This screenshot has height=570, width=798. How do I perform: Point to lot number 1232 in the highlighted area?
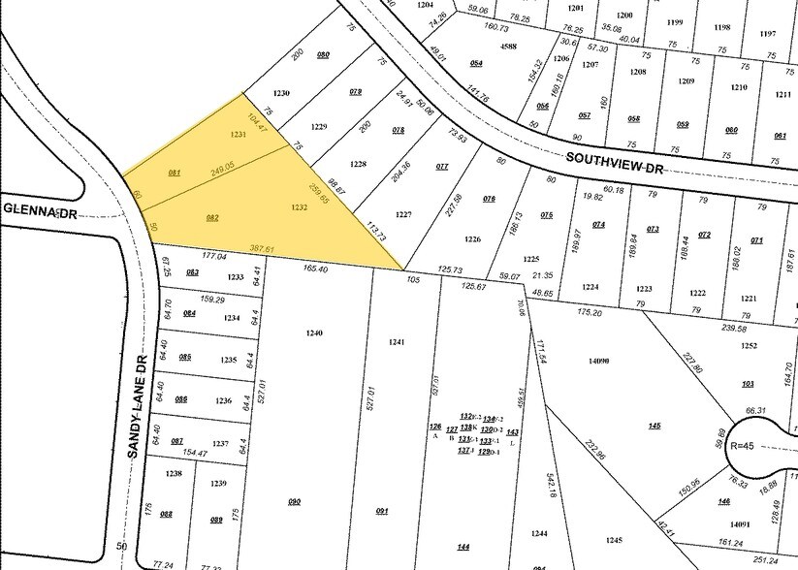[299, 207]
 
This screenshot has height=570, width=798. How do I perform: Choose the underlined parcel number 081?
[175, 173]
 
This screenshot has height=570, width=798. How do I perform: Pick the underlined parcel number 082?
[211, 218]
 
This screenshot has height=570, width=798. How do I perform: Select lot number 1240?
[313, 332]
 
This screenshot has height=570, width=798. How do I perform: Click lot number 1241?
[396, 342]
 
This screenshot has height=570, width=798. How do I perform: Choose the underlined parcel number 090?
[295, 500]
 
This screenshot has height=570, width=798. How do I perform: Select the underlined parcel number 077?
[442, 167]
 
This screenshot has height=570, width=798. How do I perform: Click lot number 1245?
[613, 540]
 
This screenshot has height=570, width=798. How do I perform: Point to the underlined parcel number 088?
[166, 514]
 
